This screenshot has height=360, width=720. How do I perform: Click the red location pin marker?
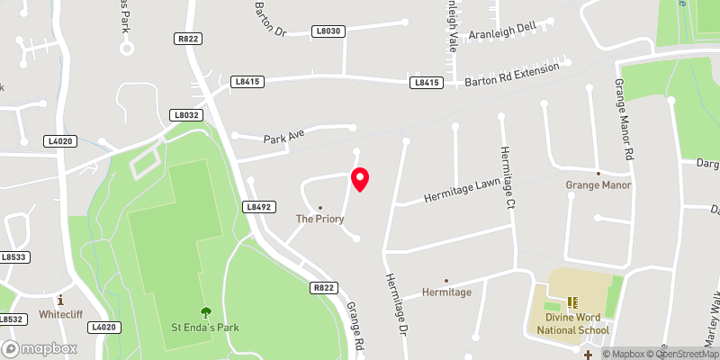point(360,179)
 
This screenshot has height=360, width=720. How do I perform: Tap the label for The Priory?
point(320,219)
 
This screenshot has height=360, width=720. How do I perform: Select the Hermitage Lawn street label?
point(461,189)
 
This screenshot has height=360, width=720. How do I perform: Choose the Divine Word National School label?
point(573,324)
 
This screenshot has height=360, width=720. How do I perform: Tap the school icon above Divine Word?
point(573,302)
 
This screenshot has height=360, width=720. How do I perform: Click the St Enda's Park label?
point(206,325)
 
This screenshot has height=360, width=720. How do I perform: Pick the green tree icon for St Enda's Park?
point(206,311)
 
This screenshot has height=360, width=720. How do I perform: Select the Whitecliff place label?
point(60,315)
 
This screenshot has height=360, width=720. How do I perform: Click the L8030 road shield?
point(328,31)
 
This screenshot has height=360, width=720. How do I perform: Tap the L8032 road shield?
point(185,115)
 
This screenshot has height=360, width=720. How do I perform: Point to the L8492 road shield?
point(257,206)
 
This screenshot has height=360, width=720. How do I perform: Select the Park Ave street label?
point(284,138)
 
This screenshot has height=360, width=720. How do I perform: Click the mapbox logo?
point(39,348)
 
